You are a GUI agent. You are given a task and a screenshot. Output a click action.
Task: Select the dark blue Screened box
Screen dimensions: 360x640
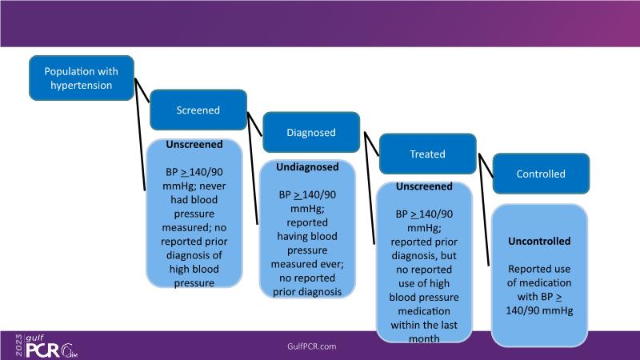[x=198, y=110]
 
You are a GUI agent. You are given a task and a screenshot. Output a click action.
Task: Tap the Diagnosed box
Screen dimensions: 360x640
[x=310, y=133]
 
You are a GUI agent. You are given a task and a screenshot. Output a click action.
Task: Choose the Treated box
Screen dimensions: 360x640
[x=428, y=154]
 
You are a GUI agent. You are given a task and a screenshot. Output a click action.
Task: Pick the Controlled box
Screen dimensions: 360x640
[x=540, y=174]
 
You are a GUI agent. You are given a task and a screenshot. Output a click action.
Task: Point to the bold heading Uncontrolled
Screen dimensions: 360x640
[x=539, y=241]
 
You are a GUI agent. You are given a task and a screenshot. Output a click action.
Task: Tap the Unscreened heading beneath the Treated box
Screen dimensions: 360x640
[x=423, y=186]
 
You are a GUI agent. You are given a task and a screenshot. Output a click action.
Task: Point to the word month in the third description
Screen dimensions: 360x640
[x=423, y=338]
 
